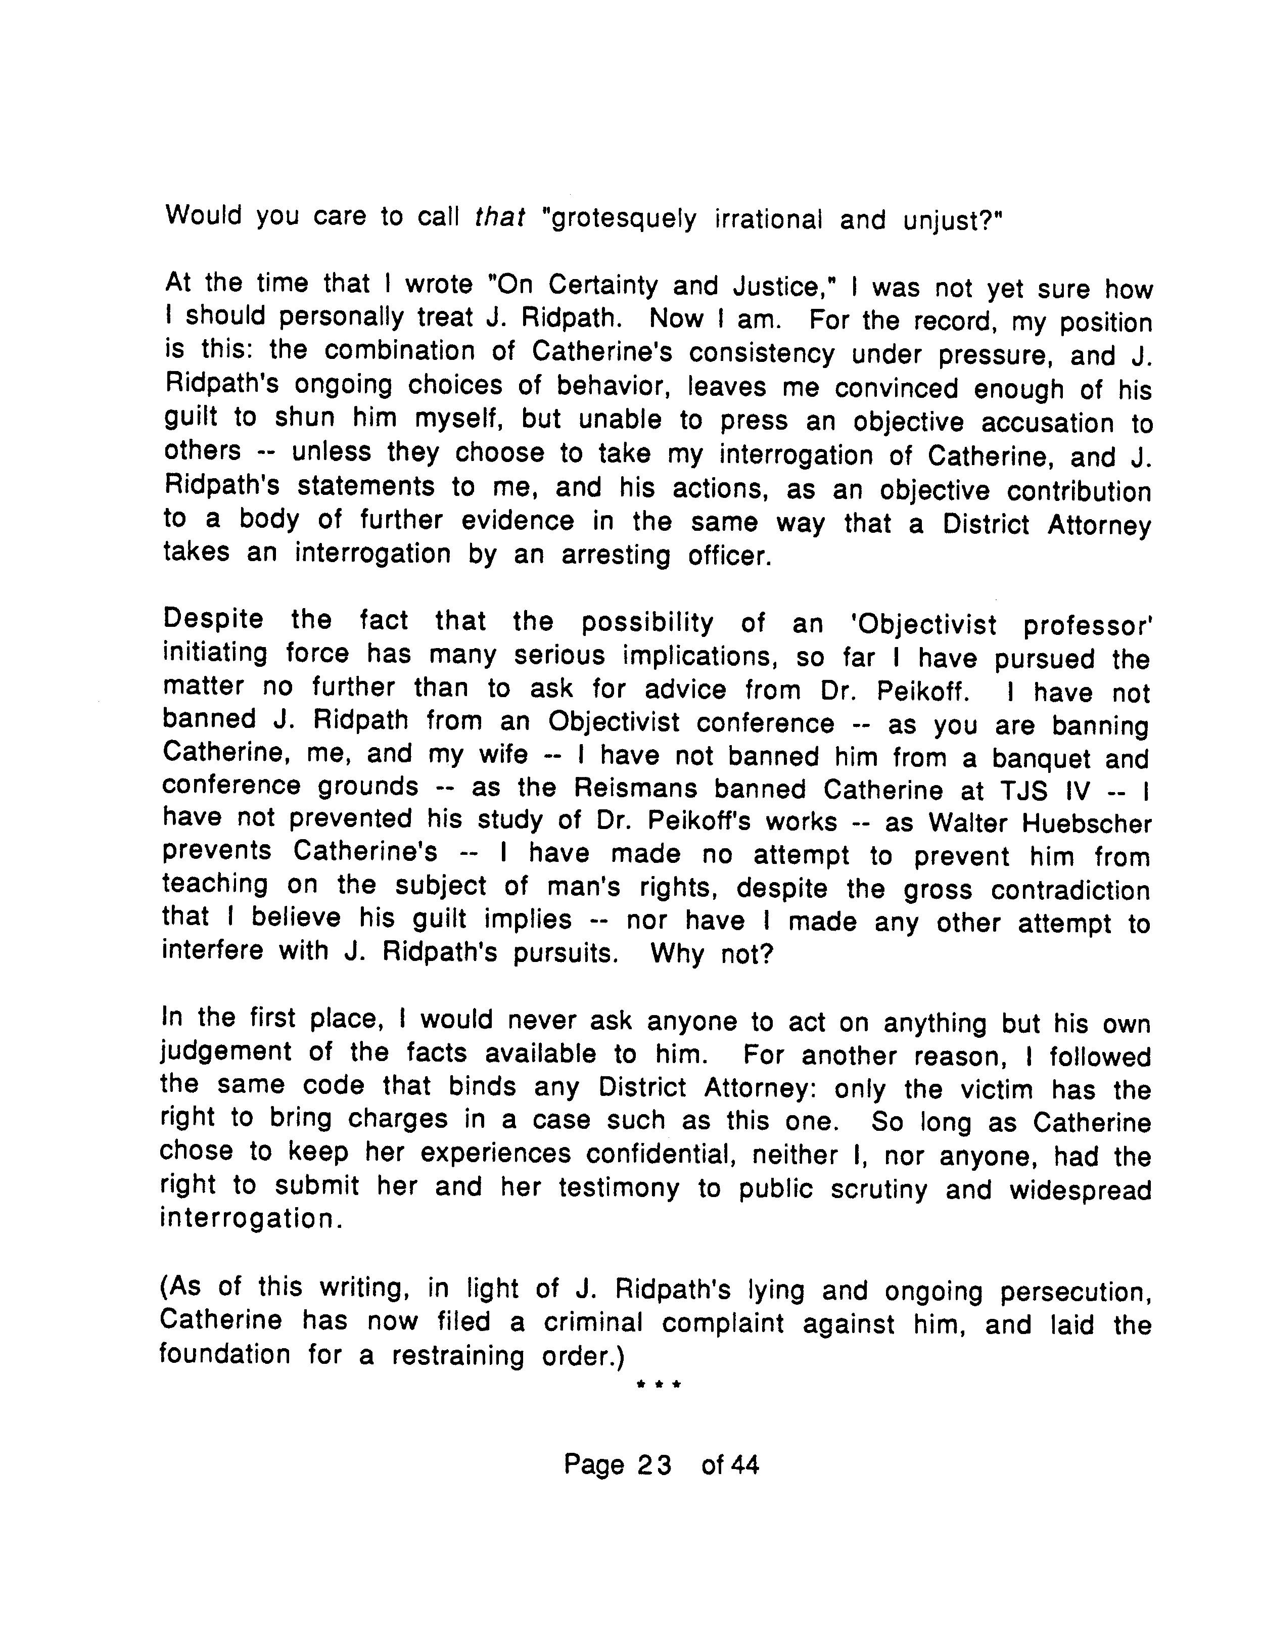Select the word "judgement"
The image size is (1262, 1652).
226,1052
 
